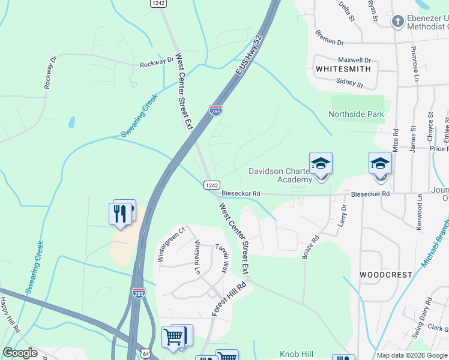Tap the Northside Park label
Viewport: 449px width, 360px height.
coord(356,114)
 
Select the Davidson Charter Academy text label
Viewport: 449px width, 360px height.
coord(281,175)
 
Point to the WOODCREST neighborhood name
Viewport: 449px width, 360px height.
coord(386,274)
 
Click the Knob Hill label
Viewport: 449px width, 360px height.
coord(296,355)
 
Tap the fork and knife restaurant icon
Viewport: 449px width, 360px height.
coord(120,214)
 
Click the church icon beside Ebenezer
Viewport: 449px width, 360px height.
coord(397,22)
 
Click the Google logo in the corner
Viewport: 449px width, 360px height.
coord(20,353)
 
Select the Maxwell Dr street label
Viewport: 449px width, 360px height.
coord(354,60)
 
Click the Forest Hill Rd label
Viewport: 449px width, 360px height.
coord(229,299)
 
